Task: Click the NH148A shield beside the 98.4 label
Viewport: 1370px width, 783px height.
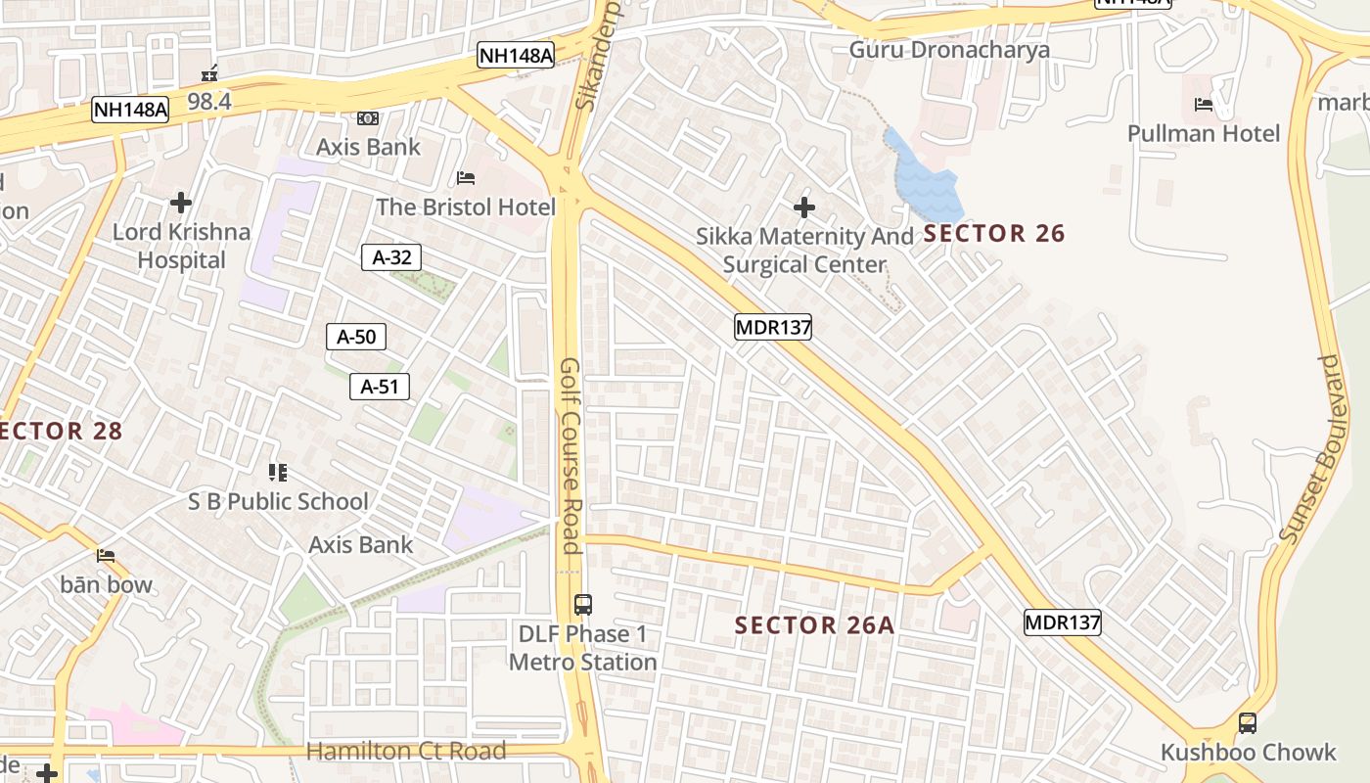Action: (x=130, y=110)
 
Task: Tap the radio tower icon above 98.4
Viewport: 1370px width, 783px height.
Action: (x=208, y=73)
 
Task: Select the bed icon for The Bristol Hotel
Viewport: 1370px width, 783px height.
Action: (x=467, y=177)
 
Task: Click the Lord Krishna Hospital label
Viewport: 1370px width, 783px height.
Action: (x=181, y=246)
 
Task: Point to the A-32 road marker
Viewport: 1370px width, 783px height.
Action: (x=392, y=257)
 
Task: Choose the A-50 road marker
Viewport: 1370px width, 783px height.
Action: (x=356, y=337)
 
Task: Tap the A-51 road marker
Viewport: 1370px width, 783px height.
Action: (x=380, y=387)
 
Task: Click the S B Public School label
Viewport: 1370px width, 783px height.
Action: (x=278, y=501)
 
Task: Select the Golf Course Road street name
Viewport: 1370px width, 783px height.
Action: (x=571, y=455)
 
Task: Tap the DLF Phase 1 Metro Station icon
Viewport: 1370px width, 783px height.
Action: (x=583, y=605)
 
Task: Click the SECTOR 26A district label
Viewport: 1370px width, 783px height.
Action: (x=814, y=625)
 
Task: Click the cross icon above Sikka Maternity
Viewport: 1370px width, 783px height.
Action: (x=804, y=207)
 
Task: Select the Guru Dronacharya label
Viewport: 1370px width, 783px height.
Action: (x=949, y=50)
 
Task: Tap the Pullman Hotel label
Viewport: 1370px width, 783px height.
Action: (x=1204, y=133)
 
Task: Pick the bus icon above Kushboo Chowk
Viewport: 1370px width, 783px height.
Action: (x=1248, y=723)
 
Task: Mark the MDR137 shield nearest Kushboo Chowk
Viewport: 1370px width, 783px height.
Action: (x=1063, y=622)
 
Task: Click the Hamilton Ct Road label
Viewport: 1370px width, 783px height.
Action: (x=406, y=751)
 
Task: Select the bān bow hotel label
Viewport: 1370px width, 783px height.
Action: (x=107, y=584)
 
